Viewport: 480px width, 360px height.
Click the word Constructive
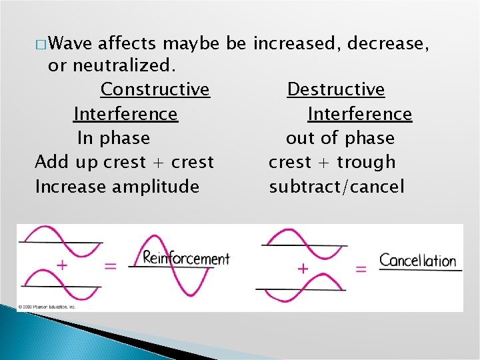click(155, 89)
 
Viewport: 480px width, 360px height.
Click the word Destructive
click(335, 89)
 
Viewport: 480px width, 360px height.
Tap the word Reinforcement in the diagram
click(186, 258)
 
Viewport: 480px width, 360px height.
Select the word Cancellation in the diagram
click(417, 260)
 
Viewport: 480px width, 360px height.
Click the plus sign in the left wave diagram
click(61, 265)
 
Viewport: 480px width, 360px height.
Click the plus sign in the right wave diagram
click(303, 268)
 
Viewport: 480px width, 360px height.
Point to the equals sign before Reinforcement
click(111, 266)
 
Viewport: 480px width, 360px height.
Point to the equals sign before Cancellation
click(361, 269)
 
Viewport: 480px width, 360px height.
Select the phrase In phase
click(113, 138)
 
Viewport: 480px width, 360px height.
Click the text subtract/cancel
click(336, 187)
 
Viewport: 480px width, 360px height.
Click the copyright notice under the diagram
click(47, 307)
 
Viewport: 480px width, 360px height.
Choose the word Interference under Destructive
click(359, 114)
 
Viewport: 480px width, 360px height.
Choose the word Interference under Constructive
click(125, 114)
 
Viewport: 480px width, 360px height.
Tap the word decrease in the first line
click(391, 45)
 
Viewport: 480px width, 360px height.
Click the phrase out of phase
click(340, 138)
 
